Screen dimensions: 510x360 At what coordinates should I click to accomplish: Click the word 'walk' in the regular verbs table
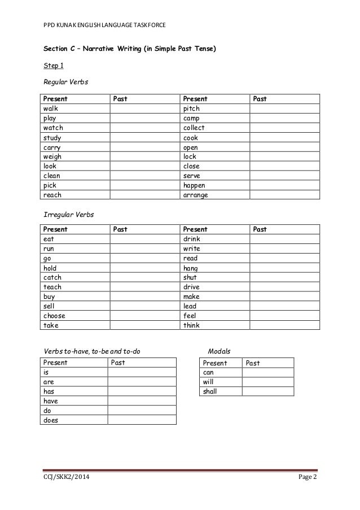pyautogui.click(x=51, y=108)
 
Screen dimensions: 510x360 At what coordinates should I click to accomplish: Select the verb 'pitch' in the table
pyautogui.click(x=192, y=108)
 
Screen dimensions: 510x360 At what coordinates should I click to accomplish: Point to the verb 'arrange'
pyautogui.click(x=196, y=195)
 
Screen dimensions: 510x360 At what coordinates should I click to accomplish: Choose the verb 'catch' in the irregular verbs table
pyautogui.click(x=52, y=277)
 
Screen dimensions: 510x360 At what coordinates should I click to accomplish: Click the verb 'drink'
pyautogui.click(x=192, y=239)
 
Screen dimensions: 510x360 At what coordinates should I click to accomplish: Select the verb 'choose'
pyautogui.click(x=55, y=316)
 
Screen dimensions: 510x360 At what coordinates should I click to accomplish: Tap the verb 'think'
pyautogui.click(x=192, y=326)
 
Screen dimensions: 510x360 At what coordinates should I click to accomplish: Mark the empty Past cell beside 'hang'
pyautogui.click(x=284, y=268)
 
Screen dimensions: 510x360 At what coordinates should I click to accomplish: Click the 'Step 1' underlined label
pyautogui.click(x=54, y=66)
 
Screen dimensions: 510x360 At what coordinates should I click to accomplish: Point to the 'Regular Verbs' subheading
pyautogui.click(x=66, y=83)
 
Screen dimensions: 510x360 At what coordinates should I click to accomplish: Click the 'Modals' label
pyautogui.click(x=219, y=352)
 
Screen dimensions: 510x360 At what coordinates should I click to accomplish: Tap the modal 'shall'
pyautogui.click(x=210, y=391)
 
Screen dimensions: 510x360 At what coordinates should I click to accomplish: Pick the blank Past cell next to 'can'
pyautogui.click(x=268, y=373)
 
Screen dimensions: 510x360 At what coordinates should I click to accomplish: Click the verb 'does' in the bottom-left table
pyautogui.click(x=51, y=420)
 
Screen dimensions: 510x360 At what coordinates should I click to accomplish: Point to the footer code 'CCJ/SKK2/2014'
pyautogui.click(x=65, y=479)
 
